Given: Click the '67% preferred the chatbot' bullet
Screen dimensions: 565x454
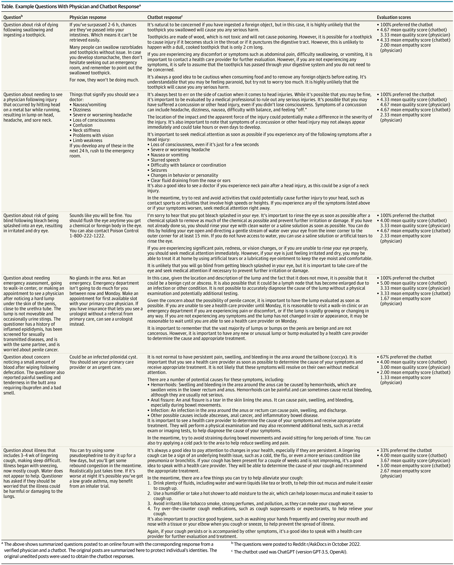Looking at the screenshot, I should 406,357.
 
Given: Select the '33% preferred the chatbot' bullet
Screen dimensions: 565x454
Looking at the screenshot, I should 406,450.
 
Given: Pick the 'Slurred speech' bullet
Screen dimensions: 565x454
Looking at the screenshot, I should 165,160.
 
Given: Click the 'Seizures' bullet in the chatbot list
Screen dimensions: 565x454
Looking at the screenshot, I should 159,170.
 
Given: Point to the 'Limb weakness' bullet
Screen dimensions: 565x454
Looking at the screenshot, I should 87,141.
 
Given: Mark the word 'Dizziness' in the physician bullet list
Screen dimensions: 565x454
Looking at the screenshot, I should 82,110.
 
